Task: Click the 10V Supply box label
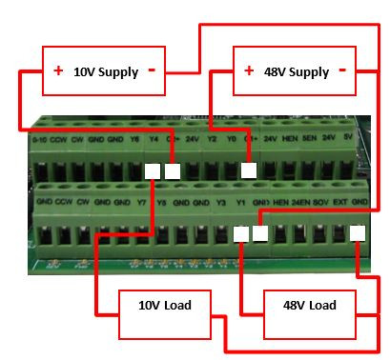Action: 106,72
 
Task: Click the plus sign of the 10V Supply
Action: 58,71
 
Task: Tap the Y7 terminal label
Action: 141,203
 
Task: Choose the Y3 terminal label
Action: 220,203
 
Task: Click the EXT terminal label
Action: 339,203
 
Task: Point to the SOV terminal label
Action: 320,203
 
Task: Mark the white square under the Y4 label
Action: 152,171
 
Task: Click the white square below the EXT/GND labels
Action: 358,232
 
